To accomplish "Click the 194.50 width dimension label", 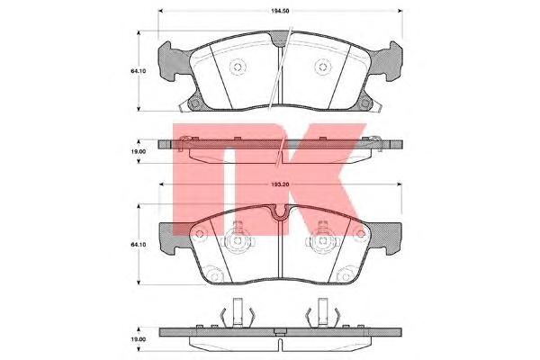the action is (x=280, y=11).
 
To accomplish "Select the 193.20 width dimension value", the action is (x=280, y=184).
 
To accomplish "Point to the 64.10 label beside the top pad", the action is (x=139, y=71).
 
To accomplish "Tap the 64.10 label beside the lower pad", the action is (x=139, y=244).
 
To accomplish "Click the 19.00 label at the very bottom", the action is (x=139, y=339).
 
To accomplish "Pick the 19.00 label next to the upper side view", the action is (x=139, y=151).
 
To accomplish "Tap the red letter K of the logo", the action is (x=320, y=179).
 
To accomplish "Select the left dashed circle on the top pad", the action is (x=238, y=67).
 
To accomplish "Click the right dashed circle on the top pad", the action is (x=323, y=67).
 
